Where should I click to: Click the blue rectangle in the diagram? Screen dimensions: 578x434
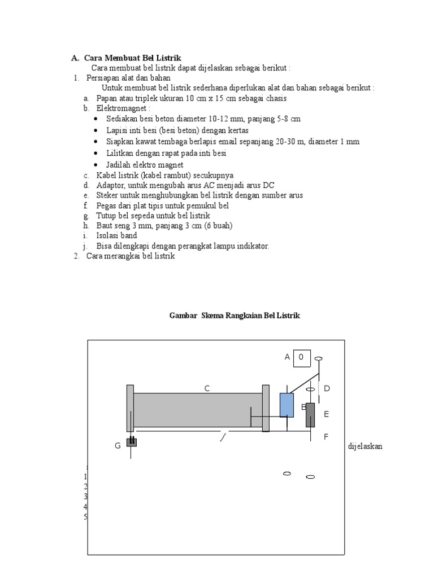click(x=287, y=405)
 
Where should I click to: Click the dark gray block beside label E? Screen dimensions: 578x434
click(x=310, y=415)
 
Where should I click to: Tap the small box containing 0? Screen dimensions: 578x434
click(x=302, y=357)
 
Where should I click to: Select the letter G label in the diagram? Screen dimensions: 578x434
click(x=118, y=446)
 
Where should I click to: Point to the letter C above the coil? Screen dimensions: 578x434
click(x=207, y=388)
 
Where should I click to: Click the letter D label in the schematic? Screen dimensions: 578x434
click(x=326, y=388)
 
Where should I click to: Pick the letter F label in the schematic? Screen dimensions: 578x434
click(x=326, y=436)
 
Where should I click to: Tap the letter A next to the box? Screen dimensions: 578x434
click(x=287, y=357)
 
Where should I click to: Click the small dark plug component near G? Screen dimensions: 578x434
click(x=131, y=442)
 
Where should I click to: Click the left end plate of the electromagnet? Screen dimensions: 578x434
click(x=130, y=408)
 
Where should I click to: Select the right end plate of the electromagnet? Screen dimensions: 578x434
click(x=266, y=408)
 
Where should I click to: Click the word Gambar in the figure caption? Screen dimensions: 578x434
click(x=183, y=316)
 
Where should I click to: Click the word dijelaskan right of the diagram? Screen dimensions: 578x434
click(x=365, y=446)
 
